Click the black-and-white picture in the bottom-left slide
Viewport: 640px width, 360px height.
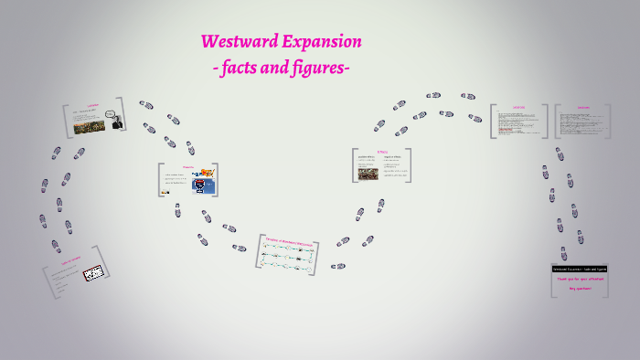(94, 273)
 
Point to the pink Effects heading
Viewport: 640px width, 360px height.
(382, 152)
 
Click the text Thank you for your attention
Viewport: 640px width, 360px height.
(581, 279)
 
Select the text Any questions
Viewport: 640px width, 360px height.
(581, 289)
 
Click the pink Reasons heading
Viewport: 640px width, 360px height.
(188, 167)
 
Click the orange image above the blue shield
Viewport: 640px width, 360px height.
(206, 173)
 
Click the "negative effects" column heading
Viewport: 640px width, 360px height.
(395, 158)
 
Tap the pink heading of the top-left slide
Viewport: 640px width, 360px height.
(93, 106)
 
